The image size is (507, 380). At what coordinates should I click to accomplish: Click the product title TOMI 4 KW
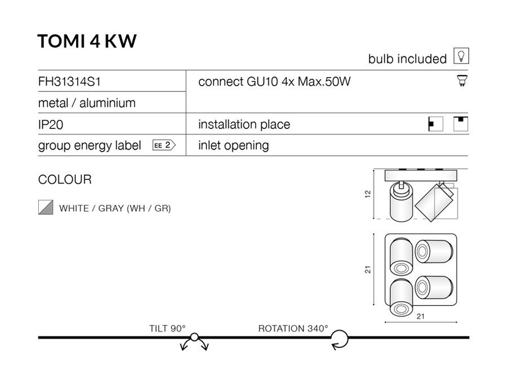click(x=87, y=41)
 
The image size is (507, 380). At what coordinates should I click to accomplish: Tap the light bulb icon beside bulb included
click(x=461, y=56)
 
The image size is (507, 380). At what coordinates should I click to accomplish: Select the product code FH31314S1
click(x=69, y=82)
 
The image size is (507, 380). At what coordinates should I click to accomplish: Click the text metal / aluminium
click(x=87, y=103)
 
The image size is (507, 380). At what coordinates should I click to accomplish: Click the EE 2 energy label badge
click(x=164, y=145)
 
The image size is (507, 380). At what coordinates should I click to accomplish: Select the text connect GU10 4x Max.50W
click(x=274, y=82)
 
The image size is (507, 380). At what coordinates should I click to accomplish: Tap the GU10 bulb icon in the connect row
click(x=461, y=82)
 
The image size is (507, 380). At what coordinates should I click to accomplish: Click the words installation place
click(x=244, y=124)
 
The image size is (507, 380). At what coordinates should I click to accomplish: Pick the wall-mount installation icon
click(x=436, y=124)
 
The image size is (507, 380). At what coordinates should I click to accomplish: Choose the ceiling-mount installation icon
click(x=461, y=124)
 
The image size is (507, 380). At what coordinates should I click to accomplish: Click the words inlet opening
click(x=233, y=145)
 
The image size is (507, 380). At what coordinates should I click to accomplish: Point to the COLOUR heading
click(x=65, y=180)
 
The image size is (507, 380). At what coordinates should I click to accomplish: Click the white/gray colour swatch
click(x=46, y=208)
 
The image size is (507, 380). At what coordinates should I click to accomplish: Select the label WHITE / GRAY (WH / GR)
click(x=115, y=208)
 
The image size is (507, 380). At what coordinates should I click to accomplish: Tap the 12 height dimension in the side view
click(x=368, y=194)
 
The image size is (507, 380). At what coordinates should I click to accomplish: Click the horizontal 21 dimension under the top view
click(x=420, y=316)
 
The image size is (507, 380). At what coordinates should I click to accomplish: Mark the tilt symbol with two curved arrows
click(x=194, y=341)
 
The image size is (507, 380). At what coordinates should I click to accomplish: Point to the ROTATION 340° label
click(x=293, y=328)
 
